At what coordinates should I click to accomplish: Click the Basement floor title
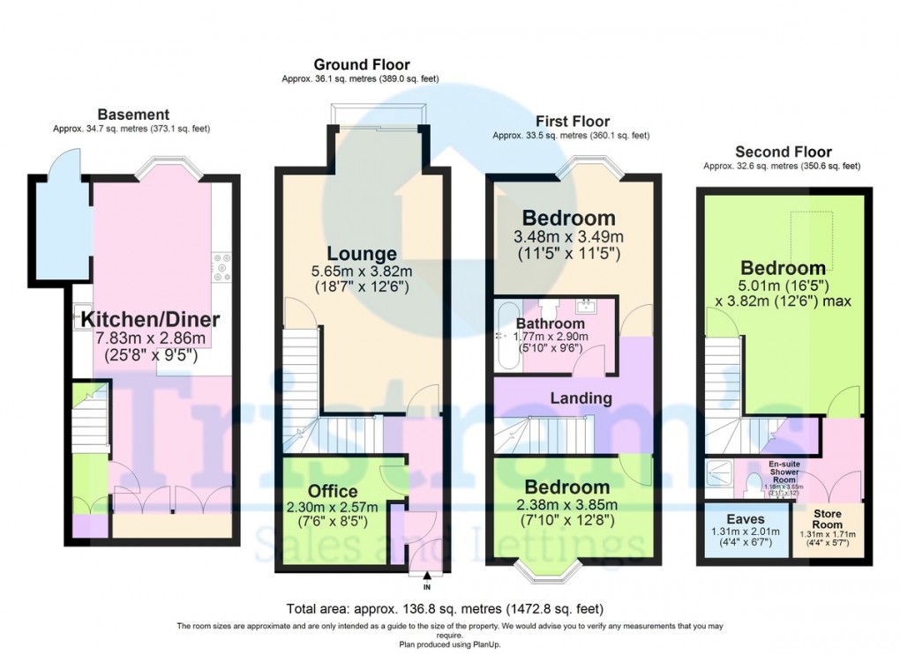[133, 115]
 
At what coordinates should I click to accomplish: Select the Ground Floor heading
[362, 65]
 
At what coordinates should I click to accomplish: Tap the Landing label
[581, 398]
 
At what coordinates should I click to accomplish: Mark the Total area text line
[446, 609]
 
